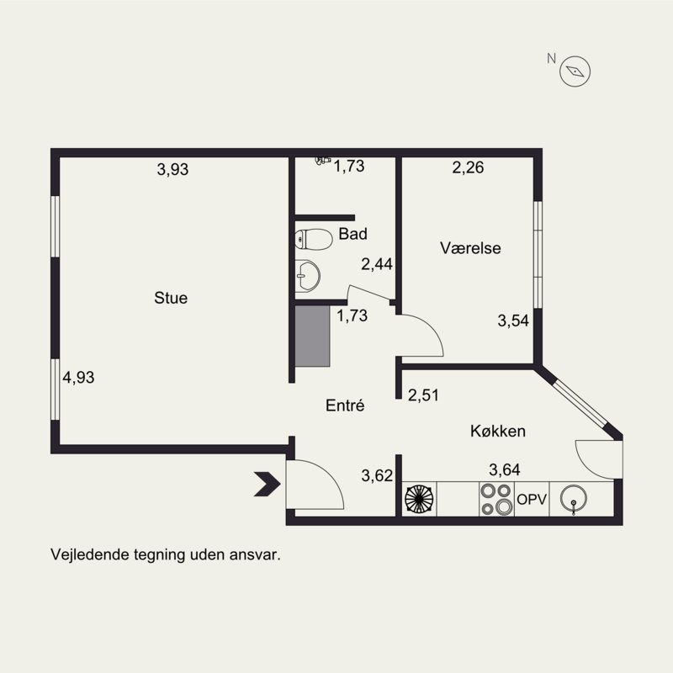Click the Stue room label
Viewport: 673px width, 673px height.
point(171,298)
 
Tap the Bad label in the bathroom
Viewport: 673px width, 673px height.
point(352,234)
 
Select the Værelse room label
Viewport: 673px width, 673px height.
point(470,248)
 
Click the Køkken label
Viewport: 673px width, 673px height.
point(498,431)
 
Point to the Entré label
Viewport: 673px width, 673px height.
point(345,405)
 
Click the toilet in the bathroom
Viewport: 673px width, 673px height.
point(314,239)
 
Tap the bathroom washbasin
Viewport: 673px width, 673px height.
point(307,276)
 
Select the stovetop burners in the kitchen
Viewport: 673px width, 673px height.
point(496,499)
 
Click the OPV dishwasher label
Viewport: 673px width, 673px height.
point(532,499)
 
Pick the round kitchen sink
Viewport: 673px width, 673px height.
point(574,499)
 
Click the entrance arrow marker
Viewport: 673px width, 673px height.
point(267,485)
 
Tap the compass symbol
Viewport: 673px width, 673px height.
point(575,72)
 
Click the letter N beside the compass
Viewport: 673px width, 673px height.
point(552,58)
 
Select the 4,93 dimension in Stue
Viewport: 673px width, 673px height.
point(78,377)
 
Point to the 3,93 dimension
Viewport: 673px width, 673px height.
point(172,169)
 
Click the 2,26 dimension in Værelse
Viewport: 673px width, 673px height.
point(468,167)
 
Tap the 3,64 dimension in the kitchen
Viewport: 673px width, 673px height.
point(505,469)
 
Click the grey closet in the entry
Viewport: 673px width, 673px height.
point(312,336)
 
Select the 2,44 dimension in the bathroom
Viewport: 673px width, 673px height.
point(377,264)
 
